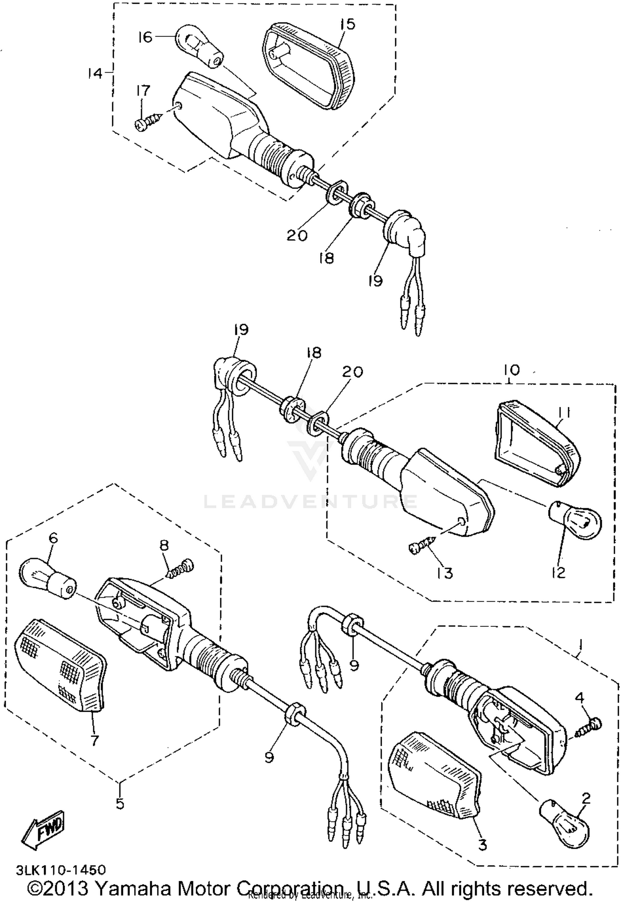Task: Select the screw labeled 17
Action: pyautogui.click(x=148, y=120)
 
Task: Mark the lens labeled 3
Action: pyautogui.click(x=435, y=776)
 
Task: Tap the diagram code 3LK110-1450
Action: pyautogui.click(x=61, y=869)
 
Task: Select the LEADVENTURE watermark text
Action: pyautogui.click(x=310, y=502)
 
